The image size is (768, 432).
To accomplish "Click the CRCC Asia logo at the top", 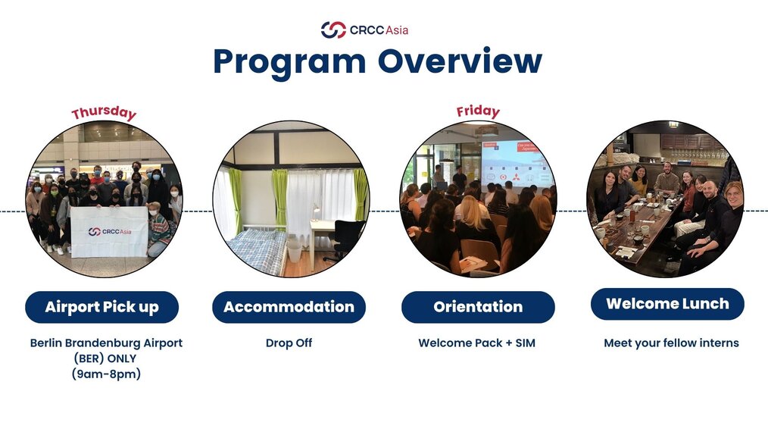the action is (x=364, y=30).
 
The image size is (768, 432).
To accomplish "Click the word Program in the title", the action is (x=289, y=63).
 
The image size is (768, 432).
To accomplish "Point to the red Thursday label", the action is (x=104, y=113).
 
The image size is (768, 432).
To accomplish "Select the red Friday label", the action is (x=478, y=111).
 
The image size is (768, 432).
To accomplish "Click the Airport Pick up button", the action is (x=102, y=307).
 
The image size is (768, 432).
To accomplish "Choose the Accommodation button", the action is (x=289, y=307).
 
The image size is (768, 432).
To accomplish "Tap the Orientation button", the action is (x=478, y=307).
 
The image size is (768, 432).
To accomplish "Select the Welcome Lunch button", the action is (x=667, y=304).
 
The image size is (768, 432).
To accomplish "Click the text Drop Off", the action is (x=289, y=343).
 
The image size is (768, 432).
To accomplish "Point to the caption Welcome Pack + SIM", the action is (x=476, y=343).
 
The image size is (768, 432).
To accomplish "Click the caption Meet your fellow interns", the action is (x=671, y=343).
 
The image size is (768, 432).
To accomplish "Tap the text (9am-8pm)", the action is (x=106, y=374).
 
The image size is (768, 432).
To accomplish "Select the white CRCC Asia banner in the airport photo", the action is (x=109, y=231).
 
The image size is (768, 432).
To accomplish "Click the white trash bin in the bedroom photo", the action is (x=295, y=251).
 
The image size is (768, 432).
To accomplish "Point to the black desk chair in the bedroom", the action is (x=346, y=239).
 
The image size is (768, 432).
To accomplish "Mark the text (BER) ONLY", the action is (x=105, y=358).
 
